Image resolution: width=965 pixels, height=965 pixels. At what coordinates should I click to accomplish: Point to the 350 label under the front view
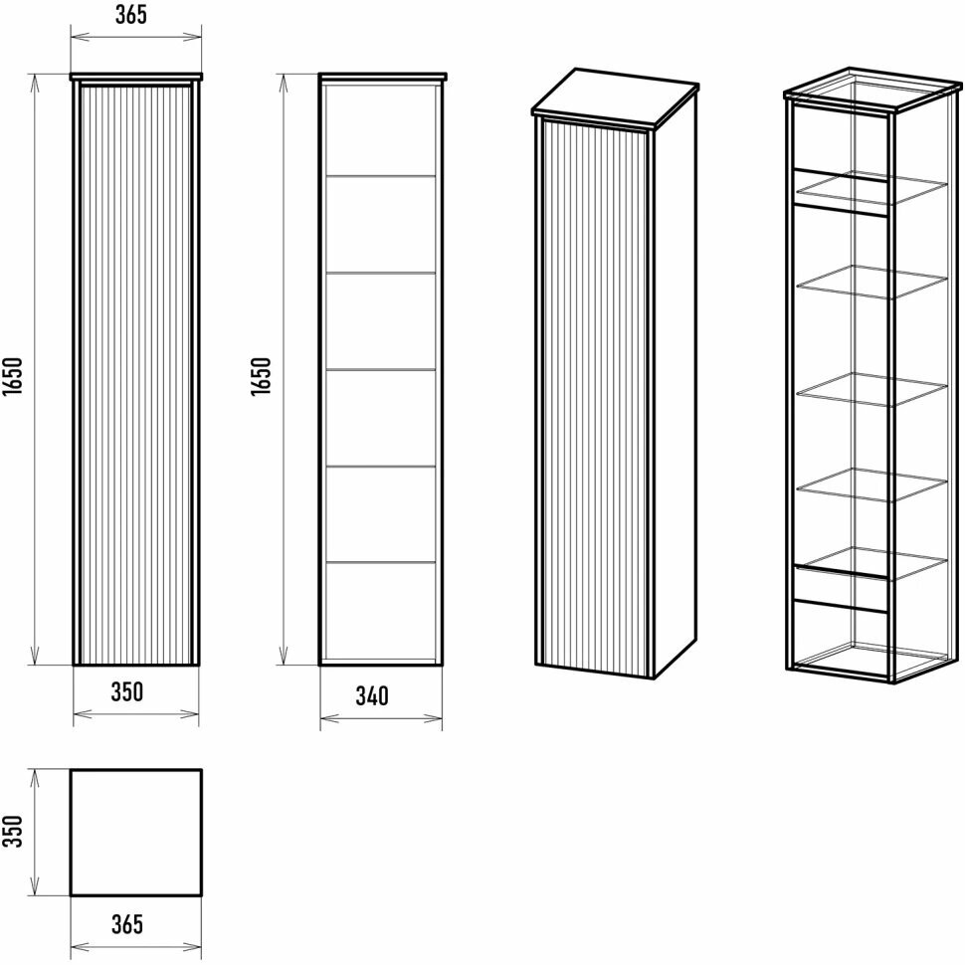(127, 691)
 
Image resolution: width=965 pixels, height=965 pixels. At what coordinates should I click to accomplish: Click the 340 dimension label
(371, 695)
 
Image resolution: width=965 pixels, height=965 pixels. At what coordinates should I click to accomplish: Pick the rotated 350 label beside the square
(13, 831)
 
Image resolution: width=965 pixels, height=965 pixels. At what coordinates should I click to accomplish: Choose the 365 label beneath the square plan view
(127, 924)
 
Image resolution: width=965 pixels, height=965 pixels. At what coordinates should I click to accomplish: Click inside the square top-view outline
(136, 832)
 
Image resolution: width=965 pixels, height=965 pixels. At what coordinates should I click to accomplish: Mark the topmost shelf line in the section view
(381, 177)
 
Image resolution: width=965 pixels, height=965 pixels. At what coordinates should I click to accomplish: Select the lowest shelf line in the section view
(381, 563)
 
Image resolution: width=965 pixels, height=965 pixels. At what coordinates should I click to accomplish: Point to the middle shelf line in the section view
(381, 370)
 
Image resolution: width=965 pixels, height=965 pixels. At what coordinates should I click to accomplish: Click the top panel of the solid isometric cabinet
(614, 97)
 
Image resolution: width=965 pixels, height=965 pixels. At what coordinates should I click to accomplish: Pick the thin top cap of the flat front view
(136, 76)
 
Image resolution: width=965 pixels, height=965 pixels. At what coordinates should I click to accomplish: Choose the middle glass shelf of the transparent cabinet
(871, 389)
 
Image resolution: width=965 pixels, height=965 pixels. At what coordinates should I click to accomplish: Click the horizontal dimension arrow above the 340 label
(381, 716)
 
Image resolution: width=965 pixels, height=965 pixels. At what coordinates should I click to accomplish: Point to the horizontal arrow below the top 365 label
(135, 39)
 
